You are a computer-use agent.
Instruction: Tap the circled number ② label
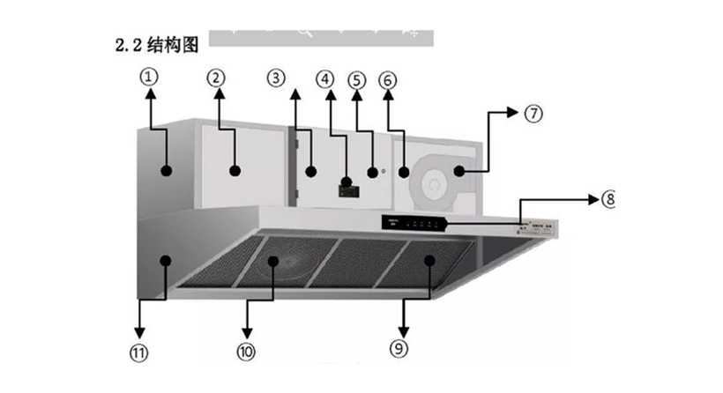[217, 77]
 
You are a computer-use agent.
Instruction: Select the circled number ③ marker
[277, 77]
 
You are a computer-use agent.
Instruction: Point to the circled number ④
[326, 77]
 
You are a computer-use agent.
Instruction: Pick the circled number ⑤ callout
[356, 78]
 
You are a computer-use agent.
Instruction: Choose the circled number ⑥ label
[388, 78]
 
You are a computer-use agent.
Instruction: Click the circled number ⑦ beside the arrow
[532, 113]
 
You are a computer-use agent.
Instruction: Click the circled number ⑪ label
[138, 352]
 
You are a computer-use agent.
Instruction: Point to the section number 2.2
[129, 45]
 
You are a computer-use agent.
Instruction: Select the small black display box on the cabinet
[347, 187]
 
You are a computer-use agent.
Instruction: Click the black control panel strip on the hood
[414, 222]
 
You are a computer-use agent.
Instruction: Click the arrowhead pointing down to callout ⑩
[246, 327]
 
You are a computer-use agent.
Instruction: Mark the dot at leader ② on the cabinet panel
[235, 170]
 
